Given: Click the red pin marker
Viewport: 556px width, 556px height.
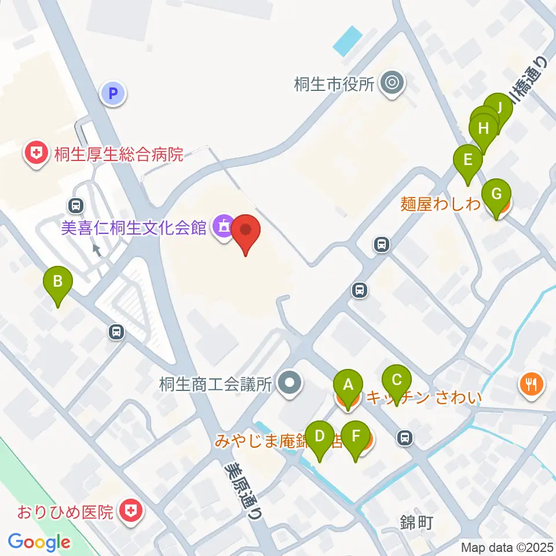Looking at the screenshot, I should click(x=246, y=231).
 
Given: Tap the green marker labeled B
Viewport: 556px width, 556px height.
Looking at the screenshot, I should click(x=58, y=283).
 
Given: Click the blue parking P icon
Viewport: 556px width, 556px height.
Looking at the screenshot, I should click(x=113, y=93).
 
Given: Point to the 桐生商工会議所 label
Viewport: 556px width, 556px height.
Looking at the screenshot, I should click(x=216, y=385).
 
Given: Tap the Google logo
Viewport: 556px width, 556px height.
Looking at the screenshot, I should click(x=39, y=542).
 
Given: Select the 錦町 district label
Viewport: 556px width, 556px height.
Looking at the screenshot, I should click(x=417, y=523).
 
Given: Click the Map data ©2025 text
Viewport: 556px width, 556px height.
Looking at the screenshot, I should click(x=507, y=547).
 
